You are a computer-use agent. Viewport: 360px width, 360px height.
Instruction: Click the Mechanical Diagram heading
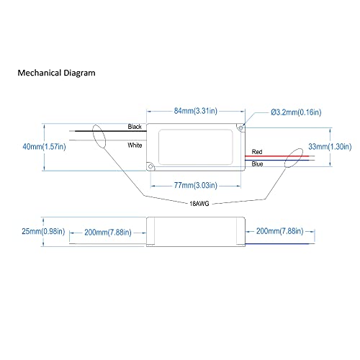tap(56, 73)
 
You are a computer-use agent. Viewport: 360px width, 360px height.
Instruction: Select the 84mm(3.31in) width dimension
tap(196, 111)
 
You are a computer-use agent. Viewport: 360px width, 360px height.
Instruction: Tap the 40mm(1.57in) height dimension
tap(44, 146)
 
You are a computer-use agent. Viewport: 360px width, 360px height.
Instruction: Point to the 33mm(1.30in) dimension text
tap(330, 146)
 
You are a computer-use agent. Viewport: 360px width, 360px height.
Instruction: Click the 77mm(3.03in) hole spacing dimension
tap(196, 185)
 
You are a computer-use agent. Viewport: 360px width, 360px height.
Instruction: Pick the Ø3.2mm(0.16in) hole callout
tap(296, 112)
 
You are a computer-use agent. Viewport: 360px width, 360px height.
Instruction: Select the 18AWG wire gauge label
tap(199, 204)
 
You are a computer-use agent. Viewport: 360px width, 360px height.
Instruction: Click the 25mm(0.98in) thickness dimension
tap(43, 231)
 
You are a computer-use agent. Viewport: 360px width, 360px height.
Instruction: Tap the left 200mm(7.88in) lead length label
tap(108, 233)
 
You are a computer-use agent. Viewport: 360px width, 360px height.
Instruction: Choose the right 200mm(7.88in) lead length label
tap(280, 231)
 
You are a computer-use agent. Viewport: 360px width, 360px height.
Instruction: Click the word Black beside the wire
tap(135, 127)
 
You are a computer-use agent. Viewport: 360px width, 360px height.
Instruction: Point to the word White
tap(135, 145)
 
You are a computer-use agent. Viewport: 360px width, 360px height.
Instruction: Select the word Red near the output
tap(257, 152)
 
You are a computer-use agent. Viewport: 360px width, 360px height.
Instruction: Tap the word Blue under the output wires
tap(257, 164)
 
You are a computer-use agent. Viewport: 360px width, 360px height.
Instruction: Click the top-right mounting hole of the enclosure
tap(240, 128)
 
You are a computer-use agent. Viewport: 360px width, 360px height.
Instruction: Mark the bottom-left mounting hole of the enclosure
tap(150, 166)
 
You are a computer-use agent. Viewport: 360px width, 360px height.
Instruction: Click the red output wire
tap(277, 156)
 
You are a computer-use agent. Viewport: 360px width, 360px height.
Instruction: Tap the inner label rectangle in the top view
tap(159, 147)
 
